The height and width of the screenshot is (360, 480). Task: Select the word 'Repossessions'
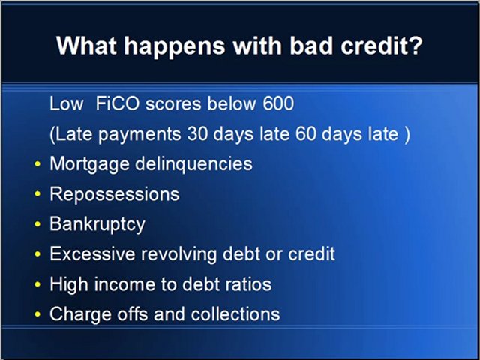click(x=114, y=194)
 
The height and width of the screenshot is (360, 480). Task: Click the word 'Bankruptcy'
click(x=97, y=224)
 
